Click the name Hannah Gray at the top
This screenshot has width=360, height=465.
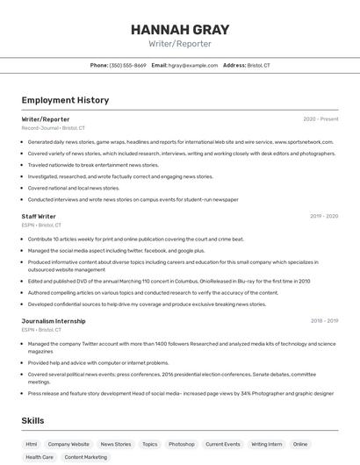click(x=179, y=29)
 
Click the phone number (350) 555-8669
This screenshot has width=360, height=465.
click(x=127, y=65)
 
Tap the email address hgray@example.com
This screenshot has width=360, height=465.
click(x=192, y=65)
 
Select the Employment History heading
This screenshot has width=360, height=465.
click(x=65, y=100)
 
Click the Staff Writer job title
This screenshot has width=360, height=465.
click(x=39, y=216)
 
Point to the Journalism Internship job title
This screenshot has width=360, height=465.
click(x=54, y=321)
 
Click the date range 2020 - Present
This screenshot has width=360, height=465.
click(x=320, y=118)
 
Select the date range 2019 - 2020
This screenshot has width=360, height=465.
click(x=323, y=216)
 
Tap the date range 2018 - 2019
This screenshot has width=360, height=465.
click(x=323, y=321)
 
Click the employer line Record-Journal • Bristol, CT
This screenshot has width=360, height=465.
click(x=54, y=128)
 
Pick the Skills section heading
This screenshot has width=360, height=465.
click(x=32, y=421)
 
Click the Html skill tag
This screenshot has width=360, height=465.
click(x=32, y=445)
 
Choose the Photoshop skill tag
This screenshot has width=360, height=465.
click(x=182, y=445)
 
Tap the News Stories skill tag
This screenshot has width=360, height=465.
click(x=116, y=445)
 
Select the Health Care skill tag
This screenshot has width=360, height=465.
click(x=40, y=457)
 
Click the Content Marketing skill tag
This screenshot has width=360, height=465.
click(x=86, y=457)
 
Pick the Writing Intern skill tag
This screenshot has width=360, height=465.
click(x=267, y=445)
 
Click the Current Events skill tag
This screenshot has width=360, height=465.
click(x=223, y=445)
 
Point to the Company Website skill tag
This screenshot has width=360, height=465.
click(x=68, y=445)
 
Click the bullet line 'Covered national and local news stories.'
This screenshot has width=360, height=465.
click(x=74, y=188)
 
